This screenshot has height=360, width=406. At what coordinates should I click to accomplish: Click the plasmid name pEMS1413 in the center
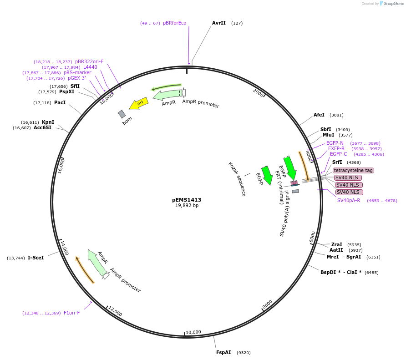(187, 200)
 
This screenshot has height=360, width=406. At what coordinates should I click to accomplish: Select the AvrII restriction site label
(219, 23)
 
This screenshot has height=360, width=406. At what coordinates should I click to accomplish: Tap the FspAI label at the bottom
(223, 352)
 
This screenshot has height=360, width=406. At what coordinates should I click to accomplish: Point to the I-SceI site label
(36, 258)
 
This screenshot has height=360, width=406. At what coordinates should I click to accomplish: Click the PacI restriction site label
(60, 102)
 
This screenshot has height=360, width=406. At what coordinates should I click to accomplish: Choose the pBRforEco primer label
(175, 23)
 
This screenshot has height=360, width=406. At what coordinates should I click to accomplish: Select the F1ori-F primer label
(72, 313)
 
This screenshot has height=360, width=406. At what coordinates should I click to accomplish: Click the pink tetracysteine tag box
(353, 170)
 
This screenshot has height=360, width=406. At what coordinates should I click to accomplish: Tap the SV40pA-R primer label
(349, 200)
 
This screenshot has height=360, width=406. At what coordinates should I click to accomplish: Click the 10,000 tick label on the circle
(193, 332)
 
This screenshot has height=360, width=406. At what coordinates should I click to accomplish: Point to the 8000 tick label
(267, 304)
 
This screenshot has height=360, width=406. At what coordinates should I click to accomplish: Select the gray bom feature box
(122, 114)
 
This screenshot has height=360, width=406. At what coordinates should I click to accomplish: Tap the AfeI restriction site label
(319, 115)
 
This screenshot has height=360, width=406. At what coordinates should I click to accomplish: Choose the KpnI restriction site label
(48, 122)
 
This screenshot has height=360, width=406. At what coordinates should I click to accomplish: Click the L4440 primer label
(90, 67)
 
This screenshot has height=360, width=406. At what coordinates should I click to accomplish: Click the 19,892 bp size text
(187, 206)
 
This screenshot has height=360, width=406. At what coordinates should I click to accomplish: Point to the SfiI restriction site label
(75, 86)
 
